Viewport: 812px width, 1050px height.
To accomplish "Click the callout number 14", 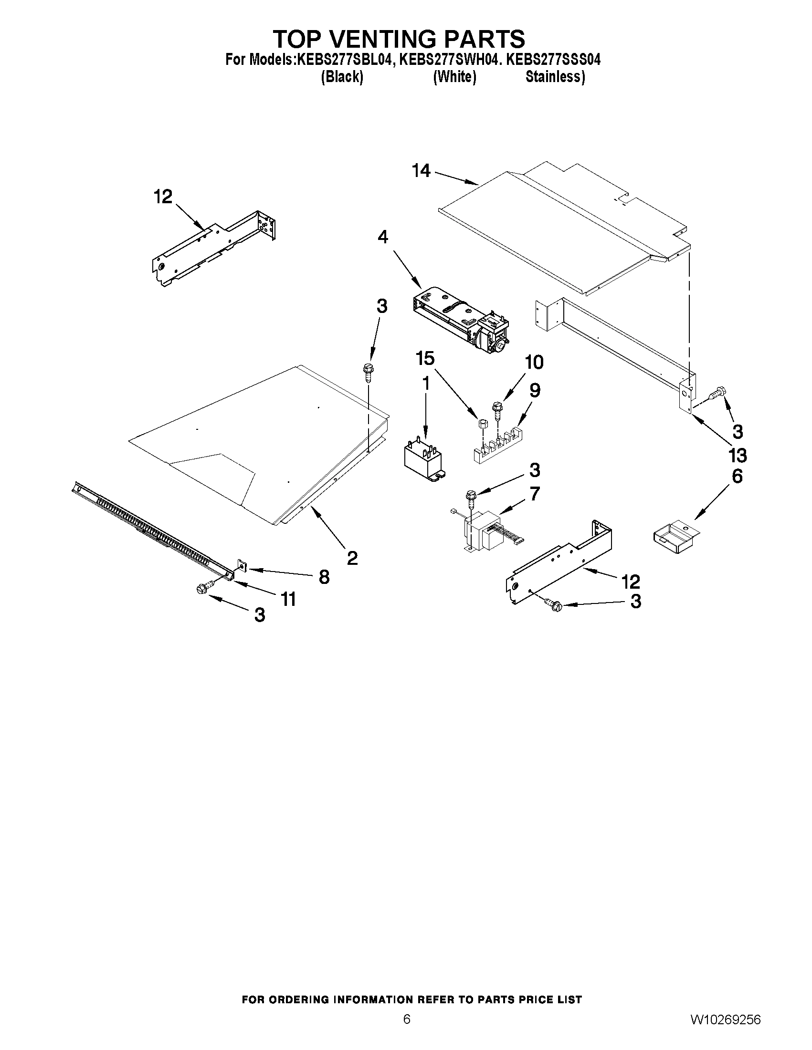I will [421, 171].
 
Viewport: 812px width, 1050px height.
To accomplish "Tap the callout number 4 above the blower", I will [382, 237].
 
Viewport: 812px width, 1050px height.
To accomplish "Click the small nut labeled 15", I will [483, 424].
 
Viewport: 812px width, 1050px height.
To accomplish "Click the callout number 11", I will [288, 599].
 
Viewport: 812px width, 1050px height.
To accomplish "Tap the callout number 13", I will [738, 455].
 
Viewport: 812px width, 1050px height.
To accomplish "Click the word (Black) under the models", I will [342, 77].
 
